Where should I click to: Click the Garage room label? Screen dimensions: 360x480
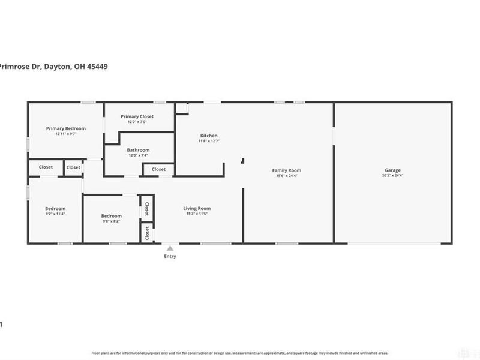tap(392, 170)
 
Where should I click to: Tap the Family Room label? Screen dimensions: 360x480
tap(288, 170)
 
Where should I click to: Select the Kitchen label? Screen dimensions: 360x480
tap(209, 136)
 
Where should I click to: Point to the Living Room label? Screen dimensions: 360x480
tap(197, 208)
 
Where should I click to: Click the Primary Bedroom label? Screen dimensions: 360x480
tap(66, 128)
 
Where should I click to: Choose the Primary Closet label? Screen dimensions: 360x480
tap(137, 116)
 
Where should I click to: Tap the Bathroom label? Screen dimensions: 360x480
tap(138, 150)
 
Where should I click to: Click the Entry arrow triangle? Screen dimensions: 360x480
tap(170, 248)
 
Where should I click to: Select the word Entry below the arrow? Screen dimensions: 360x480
tap(170, 257)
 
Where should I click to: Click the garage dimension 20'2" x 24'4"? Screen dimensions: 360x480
tap(392, 176)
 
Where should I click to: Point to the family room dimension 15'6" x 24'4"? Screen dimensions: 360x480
tap(288, 176)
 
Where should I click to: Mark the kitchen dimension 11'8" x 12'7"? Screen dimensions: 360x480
tap(209, 141)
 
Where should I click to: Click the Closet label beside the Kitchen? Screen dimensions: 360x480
tap(158, 169)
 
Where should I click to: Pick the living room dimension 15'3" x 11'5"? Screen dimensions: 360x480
tap(197, 214)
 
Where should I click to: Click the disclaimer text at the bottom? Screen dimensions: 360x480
tap(239, 353)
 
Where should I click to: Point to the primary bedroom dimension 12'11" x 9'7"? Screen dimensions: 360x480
tap(66, 134)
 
